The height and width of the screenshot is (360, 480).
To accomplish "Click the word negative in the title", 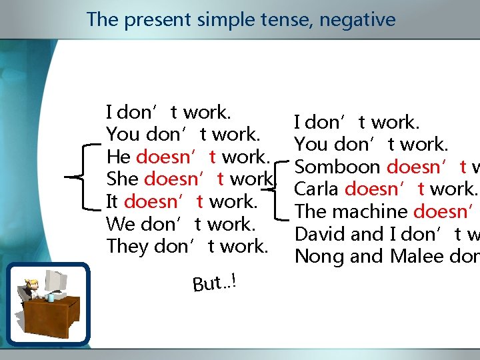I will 357,20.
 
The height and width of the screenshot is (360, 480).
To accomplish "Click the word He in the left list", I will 119,157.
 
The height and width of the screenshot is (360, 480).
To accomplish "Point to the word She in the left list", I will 123,179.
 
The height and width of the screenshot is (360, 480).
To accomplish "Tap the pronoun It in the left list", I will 113,201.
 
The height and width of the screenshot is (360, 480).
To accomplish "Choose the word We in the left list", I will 121,224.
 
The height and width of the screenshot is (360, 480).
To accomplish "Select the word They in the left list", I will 127,246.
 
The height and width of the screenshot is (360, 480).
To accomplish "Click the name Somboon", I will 338,167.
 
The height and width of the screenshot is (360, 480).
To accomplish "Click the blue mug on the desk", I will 51,298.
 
